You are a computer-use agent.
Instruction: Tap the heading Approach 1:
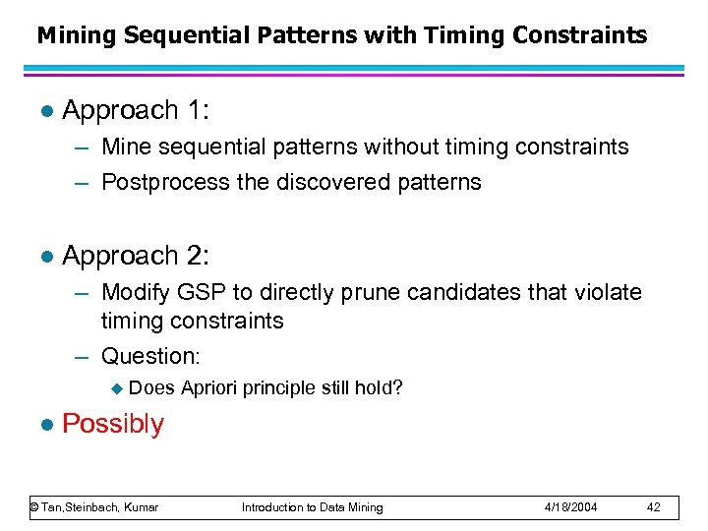pyautogui.click(x=134, y=110)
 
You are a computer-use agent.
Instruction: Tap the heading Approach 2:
pyautogui.click(x=134, y=256)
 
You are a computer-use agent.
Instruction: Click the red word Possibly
pyautogui.click(x=113, y=424)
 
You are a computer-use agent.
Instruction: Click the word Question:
pyautogui.click(x=150, y=356)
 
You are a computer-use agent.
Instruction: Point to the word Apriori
pyautogui.click(x=210, y=388)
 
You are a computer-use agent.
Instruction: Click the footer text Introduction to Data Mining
pyautogui.click(x=313, y=507)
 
